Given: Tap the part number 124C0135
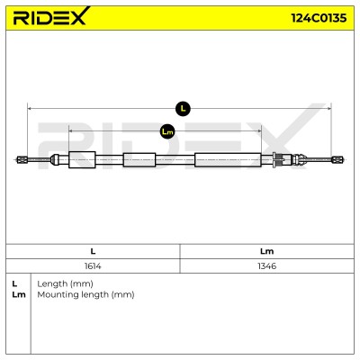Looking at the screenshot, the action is (x=319, y=18).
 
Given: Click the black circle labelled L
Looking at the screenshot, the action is (x=183, y=109).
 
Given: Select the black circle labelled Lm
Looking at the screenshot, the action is (x=167, y=131).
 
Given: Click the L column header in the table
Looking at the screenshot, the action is (x=93, y=251).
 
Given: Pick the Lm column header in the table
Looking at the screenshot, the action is (x=266, y=251).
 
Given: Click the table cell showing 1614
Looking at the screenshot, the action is (x=93, y=265).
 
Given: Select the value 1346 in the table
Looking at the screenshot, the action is (x=266, y=265).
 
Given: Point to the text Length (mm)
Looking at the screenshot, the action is (x=65, y=283).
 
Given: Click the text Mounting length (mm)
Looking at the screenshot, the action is (x=85, y=294).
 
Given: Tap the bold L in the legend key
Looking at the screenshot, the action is (x=14, y=283).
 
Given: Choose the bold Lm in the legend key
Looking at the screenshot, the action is (x=19, y=294).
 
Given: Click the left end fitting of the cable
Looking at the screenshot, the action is (x=22, y=159).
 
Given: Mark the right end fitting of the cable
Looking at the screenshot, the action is (x=337, y=159).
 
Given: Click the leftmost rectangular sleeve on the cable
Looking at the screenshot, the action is (x=82, y=159).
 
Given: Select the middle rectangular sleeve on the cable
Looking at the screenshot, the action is (x=139, y=160).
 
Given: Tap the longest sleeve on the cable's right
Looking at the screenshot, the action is (x=228, y=160).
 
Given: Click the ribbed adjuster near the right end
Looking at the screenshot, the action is (x=278, y=159).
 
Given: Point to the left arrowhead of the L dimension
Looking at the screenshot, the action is (x=29, y=109).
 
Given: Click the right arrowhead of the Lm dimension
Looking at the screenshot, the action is (x=259, y=130).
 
